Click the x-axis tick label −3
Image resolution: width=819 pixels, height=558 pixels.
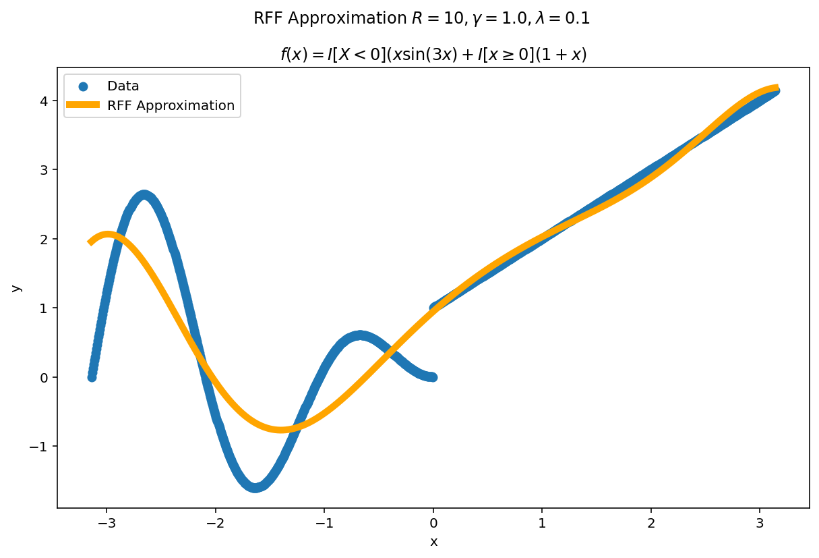tap(107, 523)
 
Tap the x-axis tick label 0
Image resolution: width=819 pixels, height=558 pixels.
tap(433, 523)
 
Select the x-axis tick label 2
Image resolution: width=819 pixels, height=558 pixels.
tap(650, 523)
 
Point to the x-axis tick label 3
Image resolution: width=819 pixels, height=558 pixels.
tap(760, 523)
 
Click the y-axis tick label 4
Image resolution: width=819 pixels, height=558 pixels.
tap(44, 101)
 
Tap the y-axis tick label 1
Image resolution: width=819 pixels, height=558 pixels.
tap(44, 308)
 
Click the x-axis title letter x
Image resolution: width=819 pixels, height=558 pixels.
tap(433, 542)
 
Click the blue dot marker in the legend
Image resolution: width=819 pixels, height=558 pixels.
tap(83, 86)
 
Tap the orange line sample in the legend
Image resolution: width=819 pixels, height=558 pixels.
tap(83, 105)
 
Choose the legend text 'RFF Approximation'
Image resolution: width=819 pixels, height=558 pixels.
tap(171, 105)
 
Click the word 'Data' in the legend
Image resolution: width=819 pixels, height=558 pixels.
tap(123, 86)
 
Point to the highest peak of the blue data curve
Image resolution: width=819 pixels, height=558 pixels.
tap(144, 195)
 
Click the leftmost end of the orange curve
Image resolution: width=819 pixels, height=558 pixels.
tap(90, 242)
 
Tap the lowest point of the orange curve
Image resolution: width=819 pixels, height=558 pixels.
tap(280, 429)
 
